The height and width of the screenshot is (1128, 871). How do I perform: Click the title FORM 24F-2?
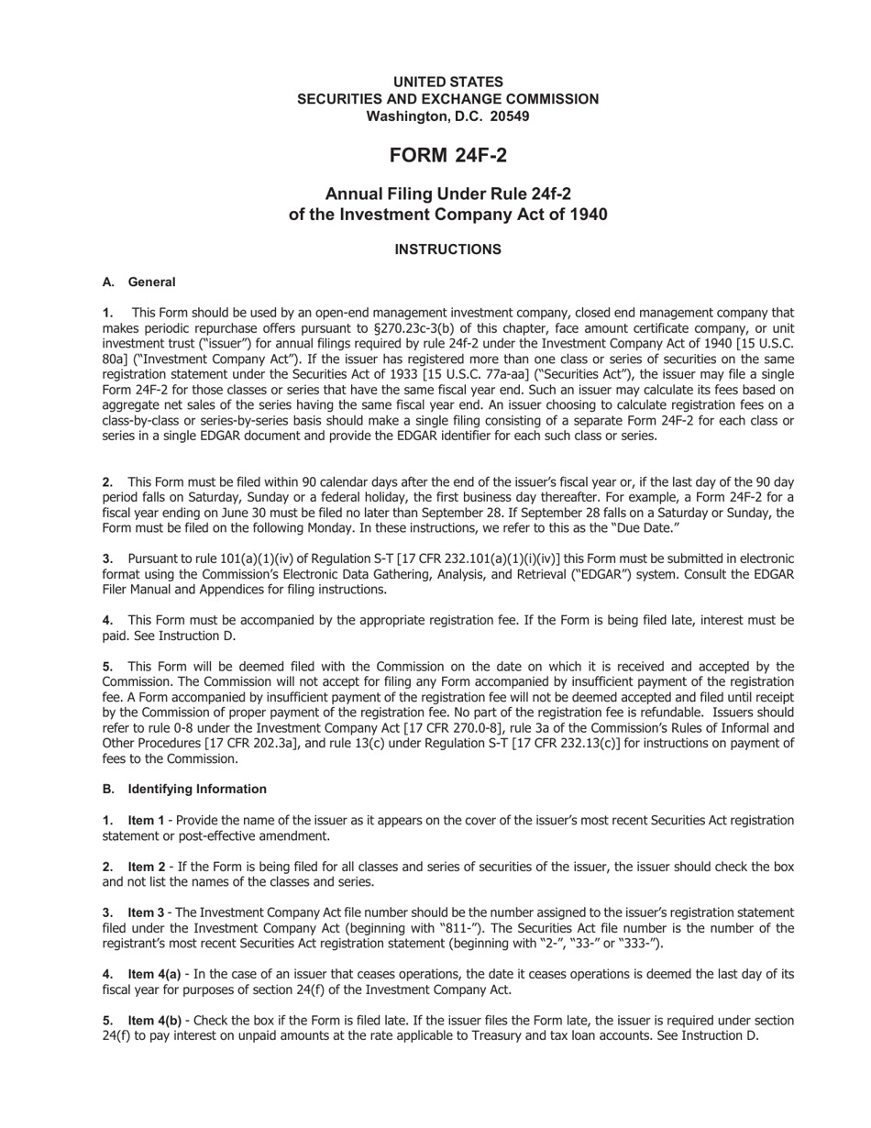(447, 156)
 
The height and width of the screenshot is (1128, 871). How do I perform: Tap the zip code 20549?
(509, 116)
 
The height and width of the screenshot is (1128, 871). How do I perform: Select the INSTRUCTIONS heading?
(447, 249)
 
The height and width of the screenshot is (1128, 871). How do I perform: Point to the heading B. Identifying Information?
(184, 789)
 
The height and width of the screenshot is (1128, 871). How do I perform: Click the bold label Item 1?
(146, 820)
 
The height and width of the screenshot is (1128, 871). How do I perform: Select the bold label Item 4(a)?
(154, 974)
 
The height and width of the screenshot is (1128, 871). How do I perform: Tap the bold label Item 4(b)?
(154, 1020)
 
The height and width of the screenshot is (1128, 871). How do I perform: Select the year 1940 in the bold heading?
(583, 215)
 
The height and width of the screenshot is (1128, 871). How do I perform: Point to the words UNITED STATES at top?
(447, 82)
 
